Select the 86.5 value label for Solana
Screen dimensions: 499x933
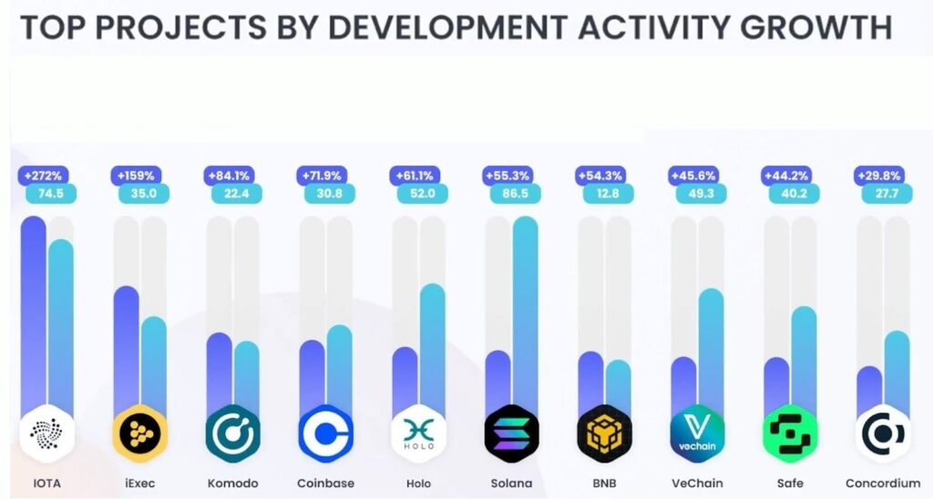coord(515,193)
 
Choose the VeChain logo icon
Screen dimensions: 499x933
coord(698,433)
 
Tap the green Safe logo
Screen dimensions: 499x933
coord(791,433)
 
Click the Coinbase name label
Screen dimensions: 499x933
coord(325,483)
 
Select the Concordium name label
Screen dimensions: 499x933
coord(883,483)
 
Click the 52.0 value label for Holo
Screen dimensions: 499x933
coord(422,193)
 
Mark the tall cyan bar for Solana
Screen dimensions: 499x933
coord(526,310)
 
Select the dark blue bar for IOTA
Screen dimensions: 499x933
coord(34,310)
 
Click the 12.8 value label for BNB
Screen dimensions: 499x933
coord(608,193)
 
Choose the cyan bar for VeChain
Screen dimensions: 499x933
coord(711,346)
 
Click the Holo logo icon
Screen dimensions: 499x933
coord(419,433)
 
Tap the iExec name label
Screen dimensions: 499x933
coord(139,483)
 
